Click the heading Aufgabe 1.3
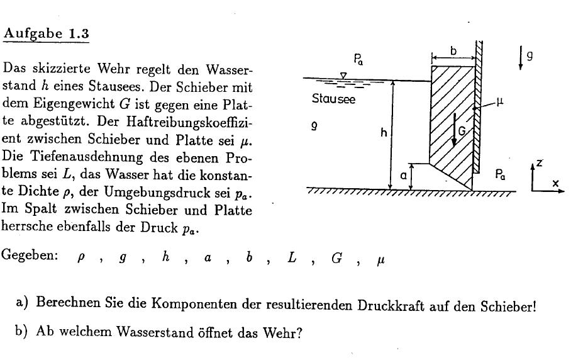(x=46, y=34)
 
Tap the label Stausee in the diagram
(x=333, y=99)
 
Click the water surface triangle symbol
(x=343, y=76)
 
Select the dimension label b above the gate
(x=453, y=51)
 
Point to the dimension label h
(x=384, y=132)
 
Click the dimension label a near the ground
(x=403, y=176)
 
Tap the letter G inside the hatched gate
(x=462, y=131)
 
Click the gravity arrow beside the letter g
(x=521, y=58)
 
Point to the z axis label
(x=539, y=163)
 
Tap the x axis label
(x=555, y=183)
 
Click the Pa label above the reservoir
(x=358, y=59)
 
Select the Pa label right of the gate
(x=500, y=174)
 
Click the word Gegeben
(x=30, y=256)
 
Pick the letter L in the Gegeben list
(x=292, y=257)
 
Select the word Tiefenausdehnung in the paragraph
(x=87, y=157)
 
